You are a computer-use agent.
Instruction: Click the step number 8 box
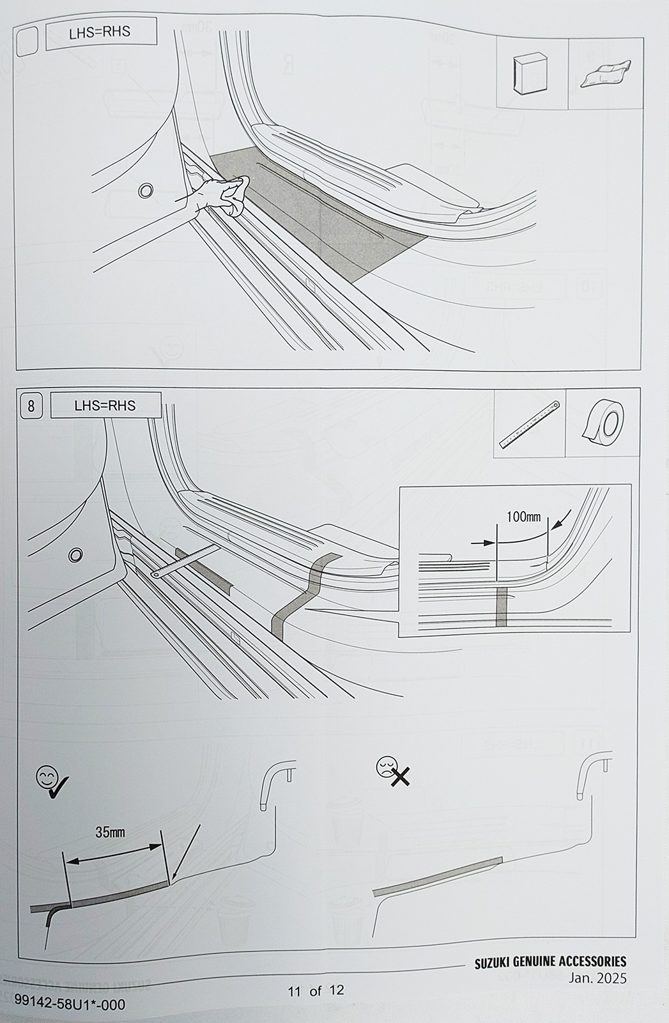pos(31,406)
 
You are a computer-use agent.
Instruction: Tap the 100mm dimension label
pos(523,517)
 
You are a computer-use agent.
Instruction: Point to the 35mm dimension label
pos(110,832)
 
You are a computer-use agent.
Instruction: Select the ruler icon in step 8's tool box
pos(529,425)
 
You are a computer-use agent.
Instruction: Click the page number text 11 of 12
pos(316,990)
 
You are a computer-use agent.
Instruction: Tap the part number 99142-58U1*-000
pos(70,1003)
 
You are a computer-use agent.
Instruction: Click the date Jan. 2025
pos(597,979)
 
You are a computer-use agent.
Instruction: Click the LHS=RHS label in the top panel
pos(100,31)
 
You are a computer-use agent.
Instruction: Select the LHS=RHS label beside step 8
pos(105,405)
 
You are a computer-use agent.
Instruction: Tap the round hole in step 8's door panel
pos(75,555)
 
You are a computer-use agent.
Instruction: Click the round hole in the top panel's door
pos(146,191)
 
